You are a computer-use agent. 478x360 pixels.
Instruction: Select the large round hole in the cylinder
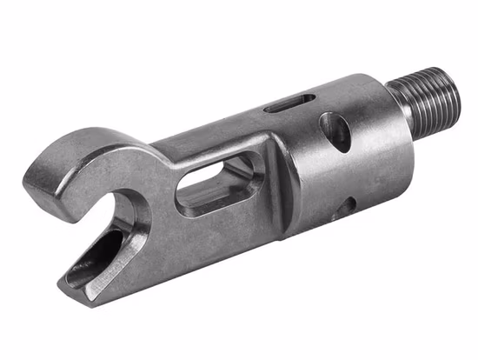click(x=335, y=132)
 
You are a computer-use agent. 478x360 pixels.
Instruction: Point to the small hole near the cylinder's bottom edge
click(x=346, y=207)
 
